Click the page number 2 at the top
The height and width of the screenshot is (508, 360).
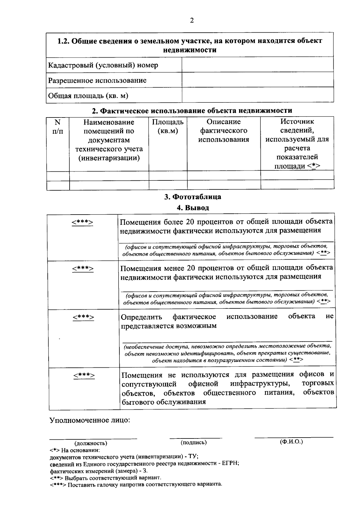[x=192, y=20]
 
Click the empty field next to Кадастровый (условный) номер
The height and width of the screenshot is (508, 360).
[x=257, y=65]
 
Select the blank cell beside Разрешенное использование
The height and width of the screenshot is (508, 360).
[x=257, y=80]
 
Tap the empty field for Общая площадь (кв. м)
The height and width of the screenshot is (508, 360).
[x=257, y=95]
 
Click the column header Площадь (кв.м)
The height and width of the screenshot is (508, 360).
[x=168, y=126]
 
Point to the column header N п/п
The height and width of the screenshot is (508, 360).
[x=58, y=126]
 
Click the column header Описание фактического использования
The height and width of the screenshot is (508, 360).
[x=223, y=131]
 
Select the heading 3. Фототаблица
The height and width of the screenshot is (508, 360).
[x=193, y=197]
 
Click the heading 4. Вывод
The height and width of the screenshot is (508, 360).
[x=193, y=207]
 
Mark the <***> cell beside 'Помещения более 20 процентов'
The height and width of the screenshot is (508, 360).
[x=82, y=222]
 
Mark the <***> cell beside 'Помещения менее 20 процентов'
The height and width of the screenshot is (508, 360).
[x=83, y=269]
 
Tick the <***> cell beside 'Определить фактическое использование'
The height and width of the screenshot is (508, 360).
[x=83, y=317]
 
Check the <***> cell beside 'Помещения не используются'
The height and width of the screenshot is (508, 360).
[x=84, y=375]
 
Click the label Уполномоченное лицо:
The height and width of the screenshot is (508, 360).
[x=90, y=420]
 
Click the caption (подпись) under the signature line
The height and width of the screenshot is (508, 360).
[x=194, y=442]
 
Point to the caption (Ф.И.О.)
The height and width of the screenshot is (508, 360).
[x=291, y=442]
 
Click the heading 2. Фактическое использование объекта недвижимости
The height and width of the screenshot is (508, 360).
[x=192, y=111]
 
